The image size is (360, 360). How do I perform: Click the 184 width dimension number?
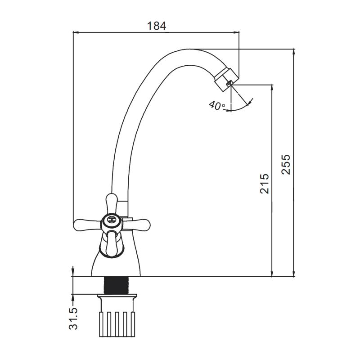point(157,26)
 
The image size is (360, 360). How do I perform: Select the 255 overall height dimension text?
point(287,165)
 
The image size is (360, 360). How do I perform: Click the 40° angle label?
point(216,106)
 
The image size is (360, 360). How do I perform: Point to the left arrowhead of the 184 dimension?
point(76,32)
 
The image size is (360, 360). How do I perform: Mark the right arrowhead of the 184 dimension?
point(237,32)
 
